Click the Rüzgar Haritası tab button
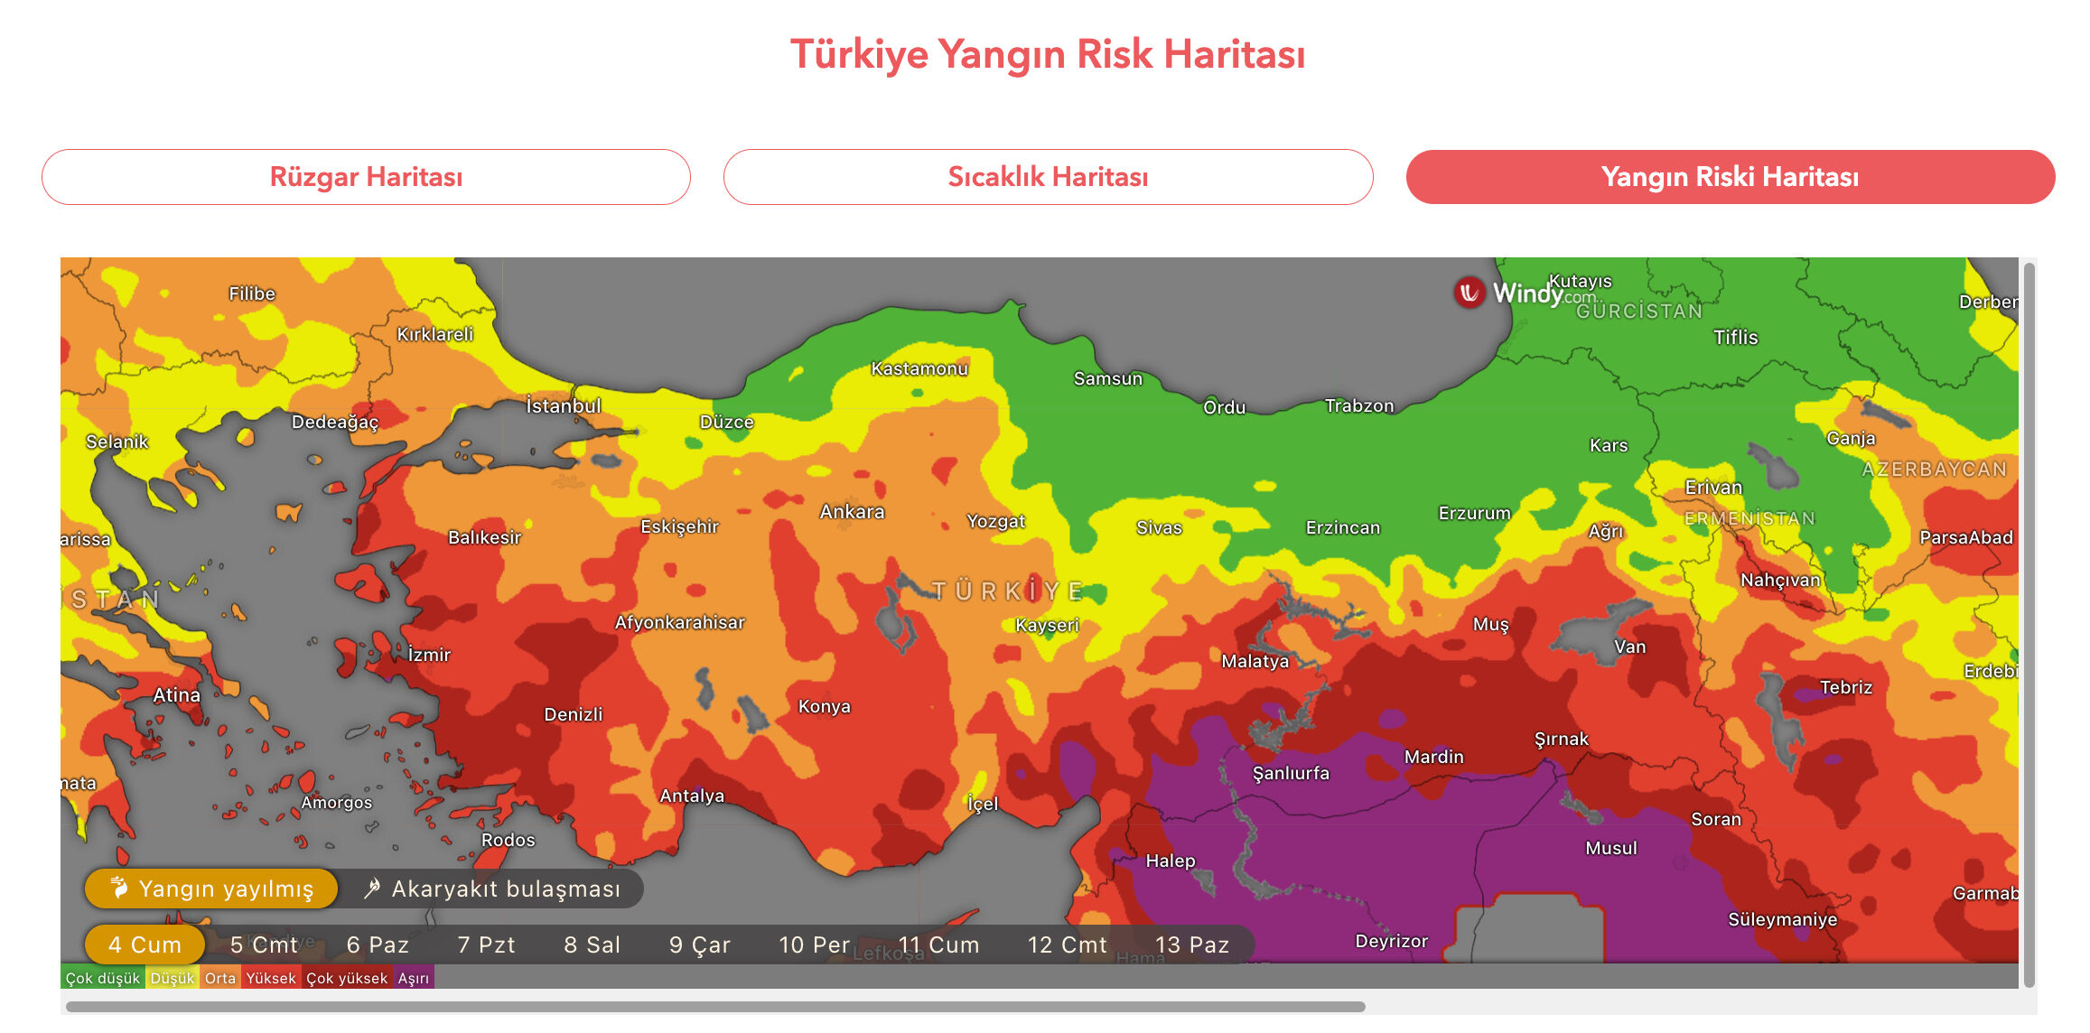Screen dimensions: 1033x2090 click(x=366, y=177)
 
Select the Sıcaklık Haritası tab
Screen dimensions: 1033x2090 click(x=1048, y=177)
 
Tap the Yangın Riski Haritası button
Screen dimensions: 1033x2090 click(x=1730, y=177)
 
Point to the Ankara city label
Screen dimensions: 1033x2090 click(x=852, y=512)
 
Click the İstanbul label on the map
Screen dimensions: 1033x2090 click(x=564, y=406)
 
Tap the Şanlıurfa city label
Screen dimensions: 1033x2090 click(x=1291, y=773)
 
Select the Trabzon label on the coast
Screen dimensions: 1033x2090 click(x=1358, y=406)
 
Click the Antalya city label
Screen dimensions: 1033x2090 click(x=692, y=796)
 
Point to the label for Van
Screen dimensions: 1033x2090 click(x=1629, y=647)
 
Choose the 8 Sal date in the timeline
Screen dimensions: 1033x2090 click(x=592, y=945)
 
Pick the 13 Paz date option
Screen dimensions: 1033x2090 click(x=1191, y=945)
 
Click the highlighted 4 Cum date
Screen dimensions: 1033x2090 click(x=145, y=945)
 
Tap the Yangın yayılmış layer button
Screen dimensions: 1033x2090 click(x=211, y=889)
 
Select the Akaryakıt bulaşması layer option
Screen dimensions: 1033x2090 click(x=492, y=889)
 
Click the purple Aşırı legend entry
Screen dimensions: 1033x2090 click(x=414, y=978)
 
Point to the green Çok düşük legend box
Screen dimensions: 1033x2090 click(x=102, y=978)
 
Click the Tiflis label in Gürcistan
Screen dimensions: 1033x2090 click(x=1735, y=338)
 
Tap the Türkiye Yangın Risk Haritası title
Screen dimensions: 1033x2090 click(x=1048, y=54)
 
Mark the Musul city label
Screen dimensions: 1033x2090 click(x=1610, y=848)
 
